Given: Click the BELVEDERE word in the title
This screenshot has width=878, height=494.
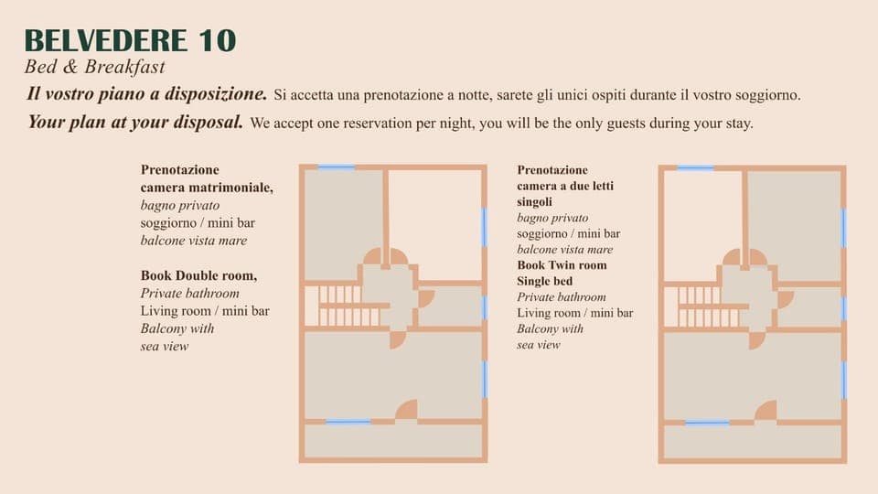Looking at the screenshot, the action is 106,40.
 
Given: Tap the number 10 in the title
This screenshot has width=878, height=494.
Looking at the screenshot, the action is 217,40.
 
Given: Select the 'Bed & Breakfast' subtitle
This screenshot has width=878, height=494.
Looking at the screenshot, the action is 94,67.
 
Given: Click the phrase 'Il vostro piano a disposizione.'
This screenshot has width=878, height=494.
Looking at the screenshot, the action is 146,93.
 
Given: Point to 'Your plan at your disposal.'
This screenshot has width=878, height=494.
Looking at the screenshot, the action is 135,122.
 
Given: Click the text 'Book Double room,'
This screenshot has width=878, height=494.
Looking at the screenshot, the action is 198,275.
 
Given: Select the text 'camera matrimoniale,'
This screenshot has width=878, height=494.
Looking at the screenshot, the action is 207,187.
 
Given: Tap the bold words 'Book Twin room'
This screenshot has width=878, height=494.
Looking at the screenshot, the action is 562,265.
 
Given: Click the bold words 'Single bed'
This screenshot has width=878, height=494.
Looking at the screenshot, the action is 544,281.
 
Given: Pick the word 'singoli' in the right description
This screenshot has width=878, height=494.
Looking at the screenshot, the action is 535,201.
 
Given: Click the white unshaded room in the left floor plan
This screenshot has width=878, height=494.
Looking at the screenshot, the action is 435,225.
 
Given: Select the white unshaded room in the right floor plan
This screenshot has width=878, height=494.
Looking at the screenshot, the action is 702,225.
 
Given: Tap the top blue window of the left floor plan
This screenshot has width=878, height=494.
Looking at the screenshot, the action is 336,166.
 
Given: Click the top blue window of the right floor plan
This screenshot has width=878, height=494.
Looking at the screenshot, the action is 695,167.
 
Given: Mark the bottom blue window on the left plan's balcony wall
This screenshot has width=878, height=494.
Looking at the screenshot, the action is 348,421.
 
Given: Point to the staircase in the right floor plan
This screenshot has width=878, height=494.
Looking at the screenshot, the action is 705,306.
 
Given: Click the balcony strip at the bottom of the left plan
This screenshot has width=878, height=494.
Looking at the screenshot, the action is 393,441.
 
